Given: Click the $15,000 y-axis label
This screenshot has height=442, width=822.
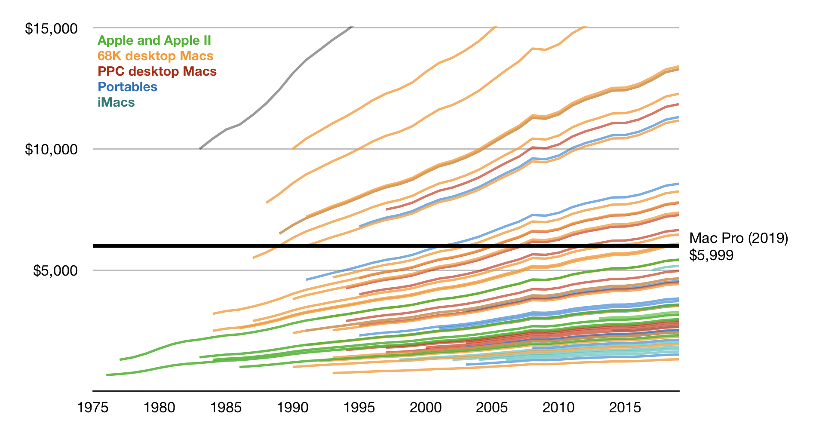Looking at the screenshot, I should pyautogui.click(x=51, y=29).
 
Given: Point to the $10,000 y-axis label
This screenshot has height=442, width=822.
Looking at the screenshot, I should pyautogui.click(x=51, y=150).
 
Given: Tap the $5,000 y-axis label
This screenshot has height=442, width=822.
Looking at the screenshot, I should pyautogui.click(x=55, y=271).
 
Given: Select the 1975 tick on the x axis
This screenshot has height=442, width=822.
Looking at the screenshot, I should pyautogui.click(x=92, y=407).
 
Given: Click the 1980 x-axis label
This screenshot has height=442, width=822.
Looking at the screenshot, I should pyautogui.click(x=159, y=407).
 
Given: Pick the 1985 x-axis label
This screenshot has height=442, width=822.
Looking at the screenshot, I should pyautogui.click(x=226, y=407).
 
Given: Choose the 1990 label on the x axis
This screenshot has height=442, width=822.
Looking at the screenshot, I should pyautogui.click(x=292, y=407).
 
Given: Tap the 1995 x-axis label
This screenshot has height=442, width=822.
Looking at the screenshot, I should pyautogui.click(x=359, y=407).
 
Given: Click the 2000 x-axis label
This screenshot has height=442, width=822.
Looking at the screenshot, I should pyautogui.click(x=425, y=407).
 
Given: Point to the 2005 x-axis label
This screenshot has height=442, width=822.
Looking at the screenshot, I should pyautogui.click(x=491, y=407).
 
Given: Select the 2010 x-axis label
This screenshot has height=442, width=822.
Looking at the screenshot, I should pyautogui.click(x=558, y=407).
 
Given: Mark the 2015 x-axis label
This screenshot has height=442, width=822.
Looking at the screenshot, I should pyautogui.click(x=625, y=407).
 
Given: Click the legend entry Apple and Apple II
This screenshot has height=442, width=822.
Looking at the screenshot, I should pyautogui.click(x=154, y=40).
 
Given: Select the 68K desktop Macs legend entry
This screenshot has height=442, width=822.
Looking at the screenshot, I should pyautogui.click(x=155, y=56).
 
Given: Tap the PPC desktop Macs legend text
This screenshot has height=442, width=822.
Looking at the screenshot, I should pyautogui.click(x=157, y=71).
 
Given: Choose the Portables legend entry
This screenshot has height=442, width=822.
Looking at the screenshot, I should pyautogui.click(x=127, y=87).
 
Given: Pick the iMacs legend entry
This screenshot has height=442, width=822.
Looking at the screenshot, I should pyautogui.click(x=116, y=102).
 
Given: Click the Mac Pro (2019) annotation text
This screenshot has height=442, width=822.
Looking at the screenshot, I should pyautogui.click(x=738, y=238).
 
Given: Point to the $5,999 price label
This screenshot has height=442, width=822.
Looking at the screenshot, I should pyautogui.click(x=711, y=255).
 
